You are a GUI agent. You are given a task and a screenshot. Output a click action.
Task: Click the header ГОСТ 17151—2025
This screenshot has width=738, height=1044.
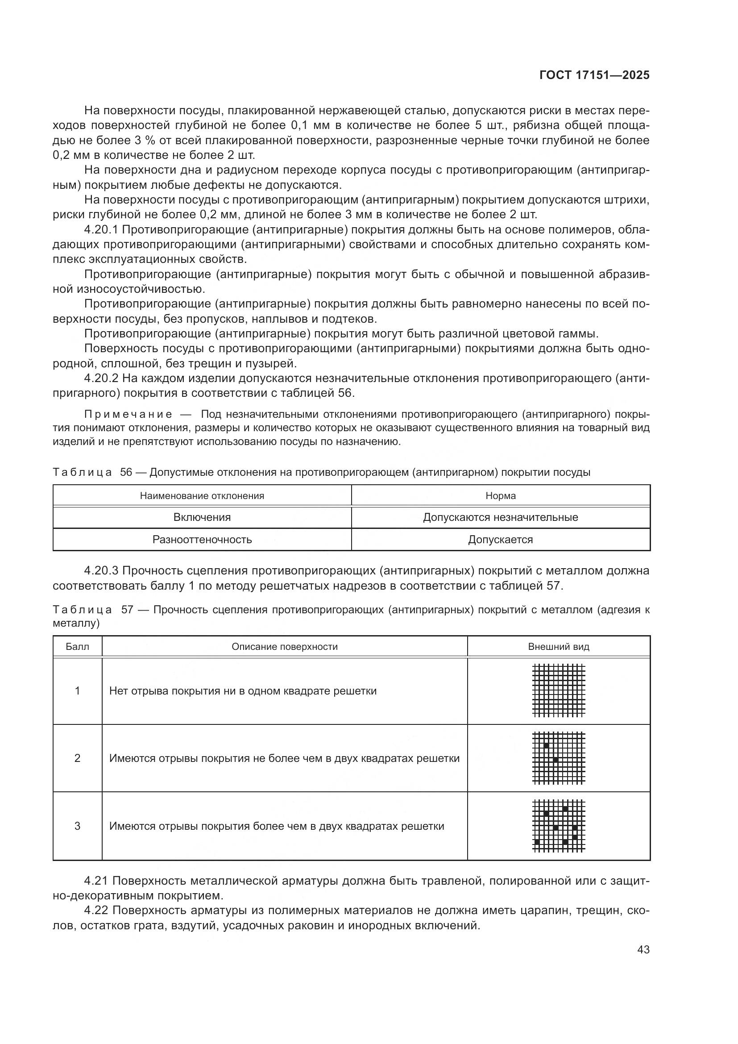(x=594, y=75)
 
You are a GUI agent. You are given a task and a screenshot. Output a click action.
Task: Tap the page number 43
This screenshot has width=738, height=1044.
(x=643, y=950)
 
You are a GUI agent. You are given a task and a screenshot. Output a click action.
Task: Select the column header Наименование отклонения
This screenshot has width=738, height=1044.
(x=202, y=495)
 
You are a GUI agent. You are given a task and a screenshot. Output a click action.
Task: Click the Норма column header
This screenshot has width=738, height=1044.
(x=500, y=495)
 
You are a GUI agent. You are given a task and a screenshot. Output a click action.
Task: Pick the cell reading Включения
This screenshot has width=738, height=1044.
(x=202, y=517)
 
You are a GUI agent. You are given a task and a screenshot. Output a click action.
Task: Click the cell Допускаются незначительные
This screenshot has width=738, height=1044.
(x=500, y=517)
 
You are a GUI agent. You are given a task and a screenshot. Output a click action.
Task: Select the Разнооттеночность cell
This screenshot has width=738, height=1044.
(x=202, y=540)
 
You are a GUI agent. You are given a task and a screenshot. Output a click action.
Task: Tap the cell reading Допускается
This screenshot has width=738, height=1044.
(x=500, y=540)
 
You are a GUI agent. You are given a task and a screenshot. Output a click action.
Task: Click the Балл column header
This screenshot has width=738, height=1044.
(x=77, y=647)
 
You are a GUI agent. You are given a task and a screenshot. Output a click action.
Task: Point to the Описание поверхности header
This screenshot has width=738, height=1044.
(x=285, y=647)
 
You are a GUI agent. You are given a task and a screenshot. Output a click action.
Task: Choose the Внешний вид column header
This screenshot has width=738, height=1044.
(x=559, y=647)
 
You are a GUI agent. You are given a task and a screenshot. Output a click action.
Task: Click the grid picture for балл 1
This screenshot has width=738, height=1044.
(x=559, y=690)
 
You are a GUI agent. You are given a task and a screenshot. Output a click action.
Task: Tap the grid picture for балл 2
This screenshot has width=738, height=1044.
(x=559, y=758)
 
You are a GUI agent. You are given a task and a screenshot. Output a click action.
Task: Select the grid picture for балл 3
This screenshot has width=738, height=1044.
(x=559, y=826)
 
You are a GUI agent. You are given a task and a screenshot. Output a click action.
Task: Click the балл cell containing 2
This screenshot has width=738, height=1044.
(x=77, y=758)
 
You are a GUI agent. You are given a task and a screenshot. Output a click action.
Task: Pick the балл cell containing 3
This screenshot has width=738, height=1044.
(x=77, y=826)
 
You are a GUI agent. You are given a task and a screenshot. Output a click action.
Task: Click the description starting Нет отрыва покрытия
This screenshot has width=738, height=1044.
(x=243, y=691)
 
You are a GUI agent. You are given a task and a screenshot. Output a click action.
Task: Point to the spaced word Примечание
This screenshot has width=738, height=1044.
(x=128, y=414)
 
